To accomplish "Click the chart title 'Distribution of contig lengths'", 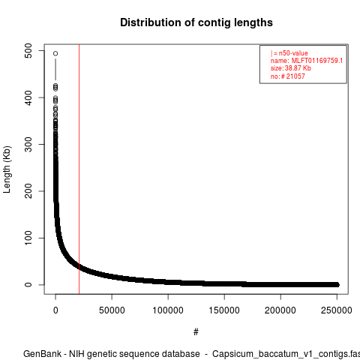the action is (196, 22).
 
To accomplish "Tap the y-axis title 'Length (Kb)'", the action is (7, 169).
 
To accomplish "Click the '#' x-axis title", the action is (196, 332).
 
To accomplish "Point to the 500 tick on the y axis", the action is (28, 51).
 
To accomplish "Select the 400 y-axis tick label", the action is (28, 97).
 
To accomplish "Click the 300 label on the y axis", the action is (28, 144).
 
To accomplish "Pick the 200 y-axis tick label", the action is (28, 191).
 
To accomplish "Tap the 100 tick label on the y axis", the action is (28, 238).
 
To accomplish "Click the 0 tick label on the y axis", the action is (28, 285).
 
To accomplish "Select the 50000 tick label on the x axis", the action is (112, 310).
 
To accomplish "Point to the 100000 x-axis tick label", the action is (168, 310).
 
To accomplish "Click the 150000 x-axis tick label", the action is (224, 310).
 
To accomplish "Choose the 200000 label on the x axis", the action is (280, 310).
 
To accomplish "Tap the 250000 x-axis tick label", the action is (337, 310).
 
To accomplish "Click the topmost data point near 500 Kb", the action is (55, 53).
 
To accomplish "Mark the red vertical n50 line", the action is (79, 169).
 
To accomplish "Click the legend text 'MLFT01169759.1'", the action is (317, 61).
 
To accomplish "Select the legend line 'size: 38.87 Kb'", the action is (291, 68).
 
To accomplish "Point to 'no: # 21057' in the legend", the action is (288, 76).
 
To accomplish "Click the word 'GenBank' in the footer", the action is (42, 354).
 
